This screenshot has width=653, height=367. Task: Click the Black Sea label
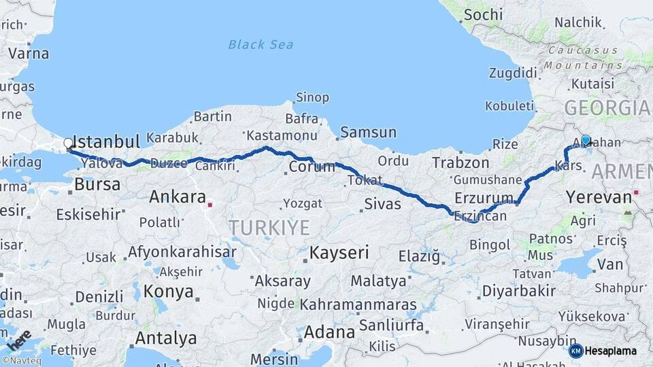coord(261,45)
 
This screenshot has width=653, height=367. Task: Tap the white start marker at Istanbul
coord(68,143)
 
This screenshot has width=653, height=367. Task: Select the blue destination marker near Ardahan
coord(586,140)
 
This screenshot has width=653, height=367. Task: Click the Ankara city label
coord(178,198)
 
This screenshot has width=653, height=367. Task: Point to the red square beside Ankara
coord(211,204)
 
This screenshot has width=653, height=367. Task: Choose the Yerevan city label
coord(599,198)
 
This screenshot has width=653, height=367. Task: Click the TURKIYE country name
coord(269,227)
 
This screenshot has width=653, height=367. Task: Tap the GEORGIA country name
coord(607,107)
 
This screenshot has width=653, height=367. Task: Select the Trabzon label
coord(461,163)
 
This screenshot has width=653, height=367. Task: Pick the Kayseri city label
coord(339,254)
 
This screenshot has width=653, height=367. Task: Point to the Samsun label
coord(368,133)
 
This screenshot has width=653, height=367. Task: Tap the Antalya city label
coord(166,338)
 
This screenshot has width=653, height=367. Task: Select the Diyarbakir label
coord(518,291)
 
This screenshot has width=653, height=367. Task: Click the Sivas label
coord(383,203)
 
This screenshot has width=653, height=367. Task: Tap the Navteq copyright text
coord(21,361)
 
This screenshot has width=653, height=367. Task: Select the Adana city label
coord(330,332)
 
